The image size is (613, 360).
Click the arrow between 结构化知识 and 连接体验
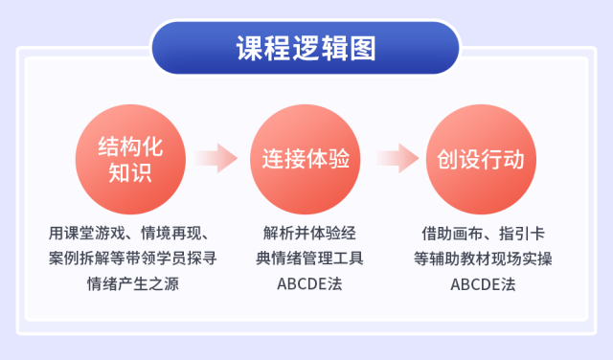click(216, 159)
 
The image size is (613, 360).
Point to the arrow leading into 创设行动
click(395, 159)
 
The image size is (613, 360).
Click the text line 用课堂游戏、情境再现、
click(133, 233)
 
